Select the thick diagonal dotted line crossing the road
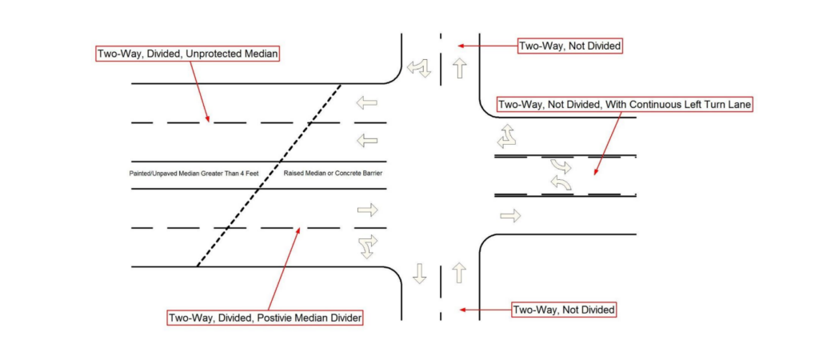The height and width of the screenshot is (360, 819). pyautogui.click(x=269, y=175)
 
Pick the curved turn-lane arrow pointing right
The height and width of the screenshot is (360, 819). pyautogui.click(x=561, y=166)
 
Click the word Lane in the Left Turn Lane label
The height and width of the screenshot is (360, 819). pyautogui.click(x=738, y=105)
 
